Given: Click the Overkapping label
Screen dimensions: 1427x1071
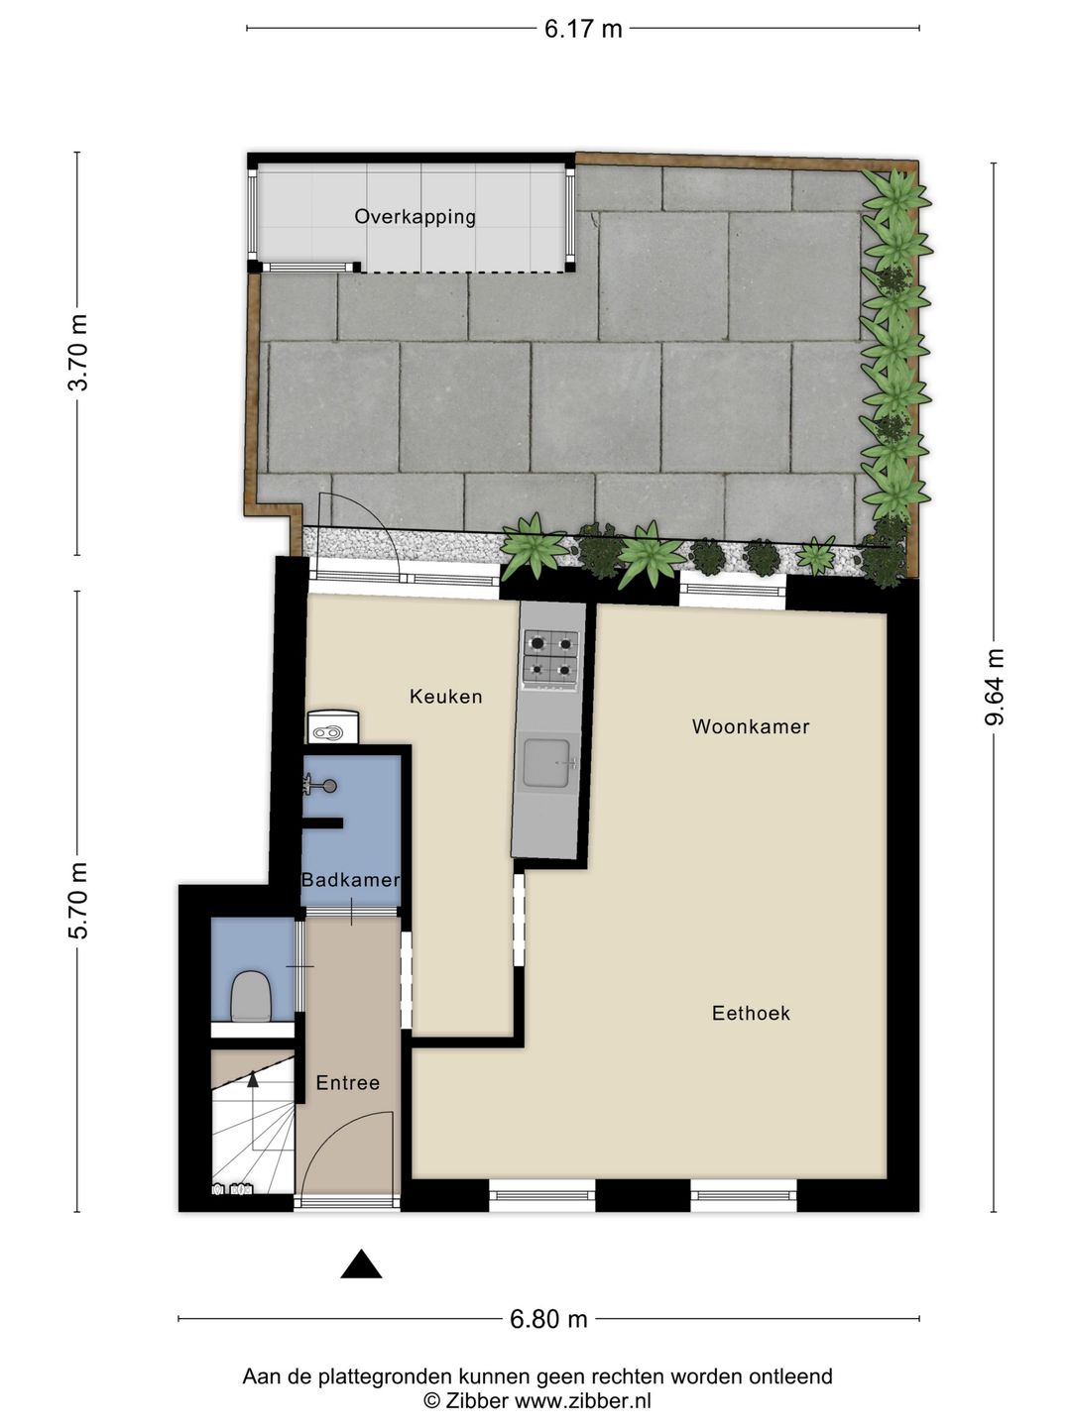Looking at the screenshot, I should pos(415,216).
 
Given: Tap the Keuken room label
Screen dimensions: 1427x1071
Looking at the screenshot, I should pos(445,697).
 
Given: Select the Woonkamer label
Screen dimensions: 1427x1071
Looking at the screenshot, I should pos(750,726).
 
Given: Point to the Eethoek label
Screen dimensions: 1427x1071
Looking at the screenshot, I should pos(751,1013).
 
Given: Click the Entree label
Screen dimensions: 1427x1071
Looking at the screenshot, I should pos(347,1083).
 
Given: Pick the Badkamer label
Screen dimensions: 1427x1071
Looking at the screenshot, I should pos(350,880).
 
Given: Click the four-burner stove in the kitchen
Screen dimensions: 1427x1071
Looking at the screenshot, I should pos(550,658).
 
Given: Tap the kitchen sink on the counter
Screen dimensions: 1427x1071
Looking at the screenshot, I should pos(546,763).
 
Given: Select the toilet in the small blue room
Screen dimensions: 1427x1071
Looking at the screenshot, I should pos(251,995).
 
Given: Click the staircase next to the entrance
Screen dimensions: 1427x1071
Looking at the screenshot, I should pos(252,1130).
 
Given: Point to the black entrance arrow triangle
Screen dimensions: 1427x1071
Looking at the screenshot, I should pos(361,1265).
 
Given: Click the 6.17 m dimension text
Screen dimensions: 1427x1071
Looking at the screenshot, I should pos(582,29).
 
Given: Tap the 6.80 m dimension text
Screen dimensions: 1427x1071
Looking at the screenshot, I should pos(548,1319).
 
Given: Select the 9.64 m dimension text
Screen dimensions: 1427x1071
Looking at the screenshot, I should pos(995,687).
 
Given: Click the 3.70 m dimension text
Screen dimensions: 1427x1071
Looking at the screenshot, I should pos(77,352).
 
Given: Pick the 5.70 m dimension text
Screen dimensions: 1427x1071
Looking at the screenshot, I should pos(77,901).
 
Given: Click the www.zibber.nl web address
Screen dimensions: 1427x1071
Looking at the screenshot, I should pos(582,1401).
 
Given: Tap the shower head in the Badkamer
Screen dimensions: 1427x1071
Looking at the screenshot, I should pos(323,786).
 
